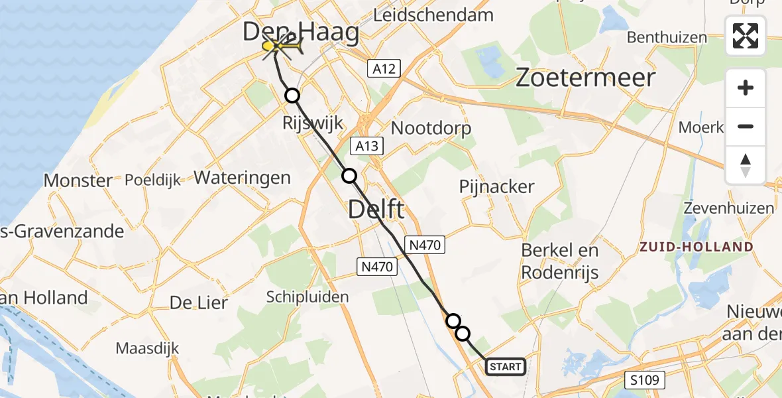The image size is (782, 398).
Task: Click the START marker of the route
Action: point(506,366)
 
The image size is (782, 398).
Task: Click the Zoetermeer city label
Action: point(585,78)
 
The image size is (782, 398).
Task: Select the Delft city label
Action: point(376,210)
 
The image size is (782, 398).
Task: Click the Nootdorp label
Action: point(431,128)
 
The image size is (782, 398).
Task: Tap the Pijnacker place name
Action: point(496,187)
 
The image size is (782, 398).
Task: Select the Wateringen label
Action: point(242,177)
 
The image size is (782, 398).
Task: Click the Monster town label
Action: point(78,180)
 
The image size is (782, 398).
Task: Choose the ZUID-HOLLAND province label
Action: point(696,247)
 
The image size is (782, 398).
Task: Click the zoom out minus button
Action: point(746,126)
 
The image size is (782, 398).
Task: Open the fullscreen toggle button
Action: point(746,36)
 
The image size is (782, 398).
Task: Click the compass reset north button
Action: point(746,165)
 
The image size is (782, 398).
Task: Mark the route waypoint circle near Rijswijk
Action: point(292,96)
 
